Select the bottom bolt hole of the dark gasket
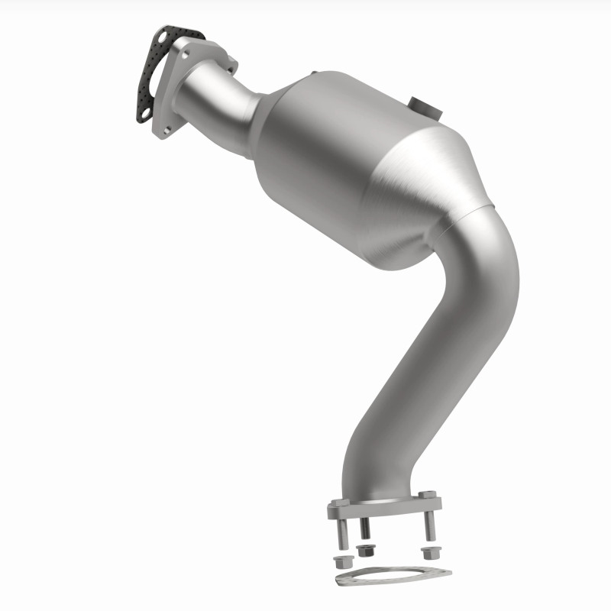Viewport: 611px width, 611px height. pyautogui.click(x=144, y=114)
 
